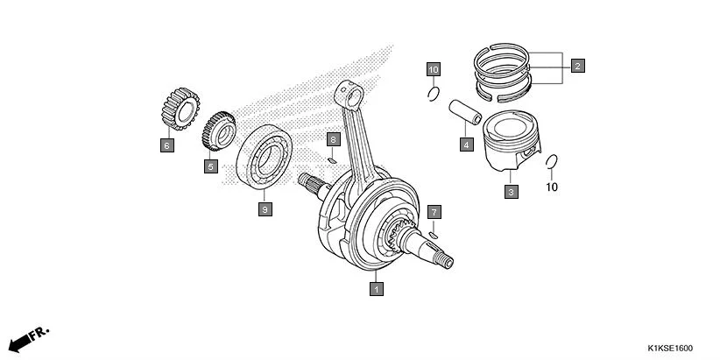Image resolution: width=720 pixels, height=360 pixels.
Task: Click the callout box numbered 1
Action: (376, 287)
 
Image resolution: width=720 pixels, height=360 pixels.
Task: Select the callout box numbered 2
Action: (577, 65)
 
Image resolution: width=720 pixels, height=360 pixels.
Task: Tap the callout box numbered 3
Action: (511, 191)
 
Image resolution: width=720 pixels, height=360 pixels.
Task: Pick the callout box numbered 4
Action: (466, 145)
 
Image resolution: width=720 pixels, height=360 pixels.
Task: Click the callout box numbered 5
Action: (210, 166)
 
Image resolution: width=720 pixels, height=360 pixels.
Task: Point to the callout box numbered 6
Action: (166, 145)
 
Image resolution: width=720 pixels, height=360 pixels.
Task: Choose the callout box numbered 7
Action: (434, 213)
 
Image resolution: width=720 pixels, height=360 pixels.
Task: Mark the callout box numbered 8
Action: (333, 139)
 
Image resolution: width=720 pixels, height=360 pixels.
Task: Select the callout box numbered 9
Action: (263, 208)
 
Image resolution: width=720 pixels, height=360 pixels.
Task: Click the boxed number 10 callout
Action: (434, 68)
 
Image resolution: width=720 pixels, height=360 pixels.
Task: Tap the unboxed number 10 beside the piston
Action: (552, 187)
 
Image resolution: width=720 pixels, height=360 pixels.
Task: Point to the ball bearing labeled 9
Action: (267, 158)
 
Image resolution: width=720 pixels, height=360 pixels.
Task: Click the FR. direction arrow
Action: (29, 338)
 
